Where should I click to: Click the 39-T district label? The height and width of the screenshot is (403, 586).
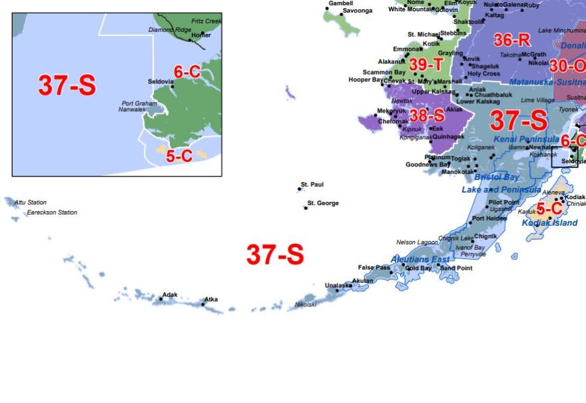click(426, 65)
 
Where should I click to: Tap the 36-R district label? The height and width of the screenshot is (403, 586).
click(511, 40)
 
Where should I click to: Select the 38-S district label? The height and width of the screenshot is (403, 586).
click(427, 115)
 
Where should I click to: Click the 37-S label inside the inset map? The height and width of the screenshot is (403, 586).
click(67, 85)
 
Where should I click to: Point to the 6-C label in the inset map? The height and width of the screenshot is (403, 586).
click(187, 72)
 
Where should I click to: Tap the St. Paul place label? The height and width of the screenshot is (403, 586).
click(312, 185)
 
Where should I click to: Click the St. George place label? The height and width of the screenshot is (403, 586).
click(323, 203)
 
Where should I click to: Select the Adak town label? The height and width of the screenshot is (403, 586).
click(170, 294)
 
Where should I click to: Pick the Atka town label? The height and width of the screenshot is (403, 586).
click(210, 300)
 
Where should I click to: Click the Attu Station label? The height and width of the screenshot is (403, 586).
click(31, 202)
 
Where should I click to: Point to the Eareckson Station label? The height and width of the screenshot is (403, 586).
click(52, 212)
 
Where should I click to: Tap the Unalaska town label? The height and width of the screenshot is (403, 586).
click(337, 285)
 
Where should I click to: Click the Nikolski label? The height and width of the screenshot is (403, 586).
click(306, 304)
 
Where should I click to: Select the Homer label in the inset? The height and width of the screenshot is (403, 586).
click(201, 35)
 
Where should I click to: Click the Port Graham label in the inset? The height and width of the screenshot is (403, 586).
click(139, 103)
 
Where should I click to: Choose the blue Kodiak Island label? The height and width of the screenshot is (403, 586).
click(549, 223)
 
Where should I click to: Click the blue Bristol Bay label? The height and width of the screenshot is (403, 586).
click(496, 177)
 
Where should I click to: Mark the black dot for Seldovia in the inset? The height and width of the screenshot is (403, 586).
click(172, 87)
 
